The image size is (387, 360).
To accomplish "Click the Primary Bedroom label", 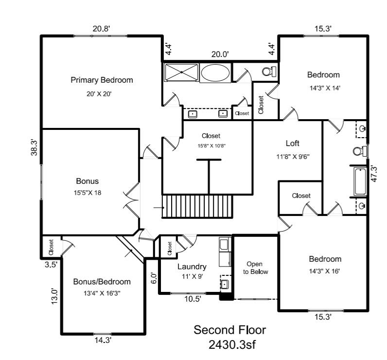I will (102, 80).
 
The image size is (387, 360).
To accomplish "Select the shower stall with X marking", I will (181, 73).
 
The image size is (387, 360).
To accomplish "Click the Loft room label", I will (292, 144).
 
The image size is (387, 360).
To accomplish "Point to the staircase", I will (197, 207).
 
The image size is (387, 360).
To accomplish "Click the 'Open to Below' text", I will (256, 268).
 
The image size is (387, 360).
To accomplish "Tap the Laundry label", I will (192, 267).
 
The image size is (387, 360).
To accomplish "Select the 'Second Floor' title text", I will (230, 330).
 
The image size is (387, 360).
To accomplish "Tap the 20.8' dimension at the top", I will (102, 29).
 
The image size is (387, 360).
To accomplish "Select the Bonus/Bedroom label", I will (102, 282).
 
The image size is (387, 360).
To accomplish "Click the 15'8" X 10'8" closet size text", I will (211, 145).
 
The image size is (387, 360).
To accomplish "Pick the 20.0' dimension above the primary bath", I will (219, 54).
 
